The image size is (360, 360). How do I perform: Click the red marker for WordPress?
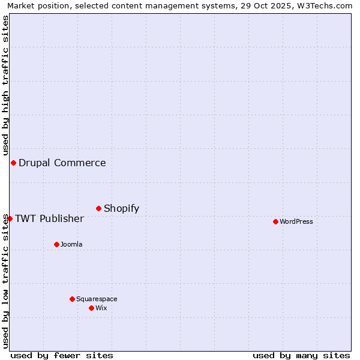(275, 221)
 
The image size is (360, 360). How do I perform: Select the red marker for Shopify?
(98, 208)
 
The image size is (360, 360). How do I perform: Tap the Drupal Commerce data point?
(13, 163)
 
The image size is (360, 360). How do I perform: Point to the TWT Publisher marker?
(10, 218)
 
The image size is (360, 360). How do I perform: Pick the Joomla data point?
(56, 244)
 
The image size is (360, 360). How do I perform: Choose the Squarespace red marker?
(72, 299)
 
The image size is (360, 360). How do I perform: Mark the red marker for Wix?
(91, 308)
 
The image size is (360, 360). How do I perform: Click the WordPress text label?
(296, 221)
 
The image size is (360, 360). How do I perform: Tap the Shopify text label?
(121, 208)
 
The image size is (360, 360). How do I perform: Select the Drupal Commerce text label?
(62, 163)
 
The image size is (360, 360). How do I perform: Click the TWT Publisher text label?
(49, 218)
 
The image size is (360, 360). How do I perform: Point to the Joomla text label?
(71, 244)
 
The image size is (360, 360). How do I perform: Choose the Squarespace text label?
(97, 299)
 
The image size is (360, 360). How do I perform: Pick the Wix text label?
(101, 308)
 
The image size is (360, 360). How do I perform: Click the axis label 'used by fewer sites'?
(62, 355)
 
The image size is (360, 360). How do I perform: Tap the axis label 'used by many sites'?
(301, 355)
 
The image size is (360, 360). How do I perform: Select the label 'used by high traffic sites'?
(5, 86)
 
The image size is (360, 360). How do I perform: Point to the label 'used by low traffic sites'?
(5, 281)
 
